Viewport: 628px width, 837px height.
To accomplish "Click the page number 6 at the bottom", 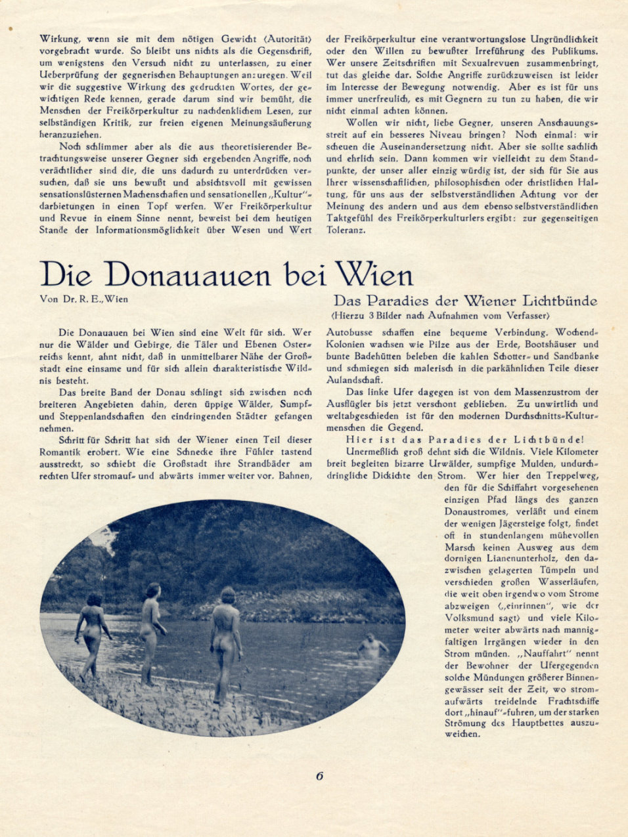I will click(x=320, y=775).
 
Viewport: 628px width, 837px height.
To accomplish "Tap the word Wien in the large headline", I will click(x=374, y=274).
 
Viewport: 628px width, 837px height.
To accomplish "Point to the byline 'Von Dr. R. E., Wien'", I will click(x=83, y=299).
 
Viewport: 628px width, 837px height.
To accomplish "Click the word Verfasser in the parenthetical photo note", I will click(x=527, y=315).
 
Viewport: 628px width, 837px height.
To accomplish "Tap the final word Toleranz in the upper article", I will click(x=348, y=230).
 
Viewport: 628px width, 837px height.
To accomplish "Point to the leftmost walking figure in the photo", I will click(x=92, y=633).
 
